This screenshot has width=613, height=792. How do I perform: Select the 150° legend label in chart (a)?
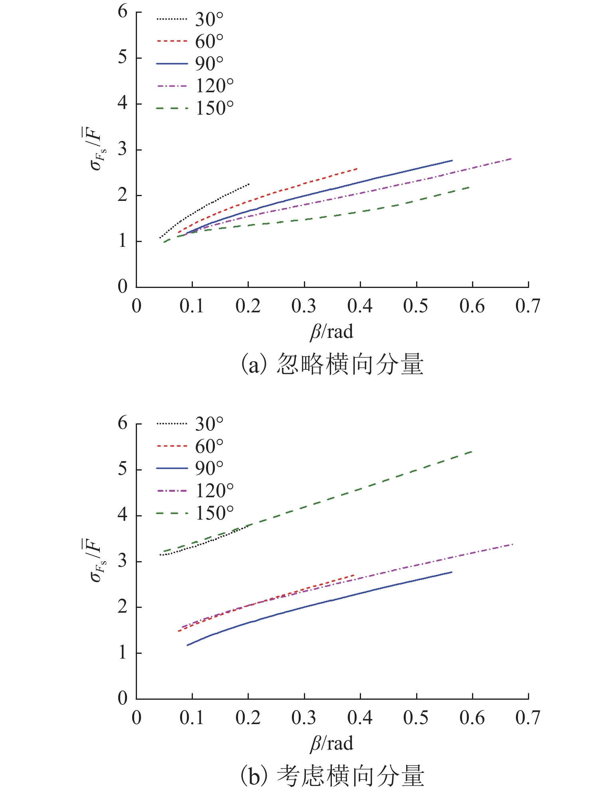click(214, 108)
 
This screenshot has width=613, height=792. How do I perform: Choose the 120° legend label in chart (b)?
click(214, 490)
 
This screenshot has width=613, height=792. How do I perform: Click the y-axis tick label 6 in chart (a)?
click(123, 12)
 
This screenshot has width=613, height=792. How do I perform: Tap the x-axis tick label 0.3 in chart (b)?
click(304, 718)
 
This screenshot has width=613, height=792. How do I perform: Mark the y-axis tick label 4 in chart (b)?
click(123, 515)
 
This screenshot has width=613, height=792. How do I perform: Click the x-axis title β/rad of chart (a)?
click(331, 332)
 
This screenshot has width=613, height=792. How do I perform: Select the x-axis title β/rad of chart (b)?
click(331, 743)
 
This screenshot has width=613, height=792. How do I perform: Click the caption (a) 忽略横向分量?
click(331, 364)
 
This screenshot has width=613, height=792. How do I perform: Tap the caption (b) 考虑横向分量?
click(331, 776)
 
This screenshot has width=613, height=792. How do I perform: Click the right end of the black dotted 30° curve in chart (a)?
click(249, 184)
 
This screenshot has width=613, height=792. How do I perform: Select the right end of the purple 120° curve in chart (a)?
click(511, 159)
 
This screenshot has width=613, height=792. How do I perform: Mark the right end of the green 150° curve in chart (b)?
click(472, 452)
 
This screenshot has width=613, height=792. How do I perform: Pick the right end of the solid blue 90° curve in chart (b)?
click(452, 572)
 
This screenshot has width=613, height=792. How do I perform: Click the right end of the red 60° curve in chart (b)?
click(354, 575)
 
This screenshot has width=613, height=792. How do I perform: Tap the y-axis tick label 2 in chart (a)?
click(123, 195)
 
